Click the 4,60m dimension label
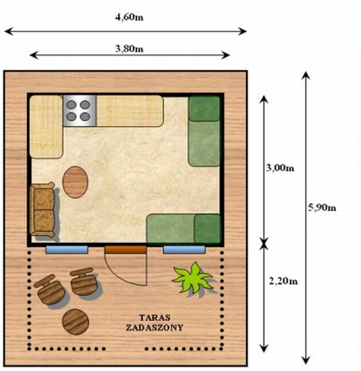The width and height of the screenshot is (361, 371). pyautogui.click(x=129, y=17)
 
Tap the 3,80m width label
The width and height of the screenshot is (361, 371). pyautogui.click(x=129, y=49)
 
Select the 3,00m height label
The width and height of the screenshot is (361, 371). pyautogui.click(x=280, y=168)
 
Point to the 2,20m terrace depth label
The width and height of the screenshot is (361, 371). pyautogui.click(x=283, y=281)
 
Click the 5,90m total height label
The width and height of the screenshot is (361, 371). pyautogui.click(x=322, y=207)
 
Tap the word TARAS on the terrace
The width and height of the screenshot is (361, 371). pyautogui.click(x=155, y=317)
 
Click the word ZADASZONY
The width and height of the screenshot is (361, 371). pyautogui.click(x=155, y=328)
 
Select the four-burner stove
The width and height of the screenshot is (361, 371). pyautogui.click(x=79, y=111)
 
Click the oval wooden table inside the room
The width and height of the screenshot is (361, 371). pyautogui.click(x=75, y=182)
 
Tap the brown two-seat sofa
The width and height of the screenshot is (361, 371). pyautogui.click(x=42, y=210)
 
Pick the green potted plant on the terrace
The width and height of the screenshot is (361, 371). pyautogui.click(x=193, y=278)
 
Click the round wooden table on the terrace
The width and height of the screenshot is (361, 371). pyautogui.click(x=76, y=322)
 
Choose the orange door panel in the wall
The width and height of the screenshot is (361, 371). pyautogui.click(x=126, y=250)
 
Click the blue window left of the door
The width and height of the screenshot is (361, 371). pyautogui.click(x=67, y=250)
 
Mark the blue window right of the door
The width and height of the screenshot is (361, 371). pyautogui.click(x=184, y=250)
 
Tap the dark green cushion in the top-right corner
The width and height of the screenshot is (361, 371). pyautogui.click(x=204, y=109)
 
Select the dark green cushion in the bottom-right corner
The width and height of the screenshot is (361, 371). pyautogui.click(x=208, y=228)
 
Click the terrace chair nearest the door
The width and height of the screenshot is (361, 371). pyautogui.click(x=83, y=282)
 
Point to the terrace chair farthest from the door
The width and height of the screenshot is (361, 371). pyautogui.click(x=50, y=289)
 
